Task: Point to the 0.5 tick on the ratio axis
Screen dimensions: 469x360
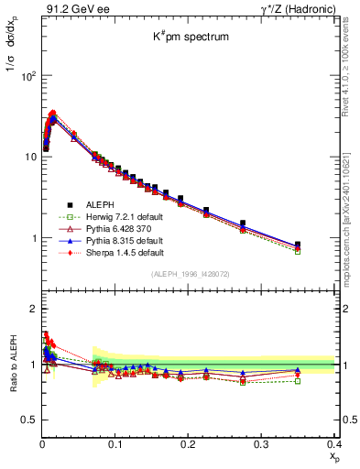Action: (x=28, y=420)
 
